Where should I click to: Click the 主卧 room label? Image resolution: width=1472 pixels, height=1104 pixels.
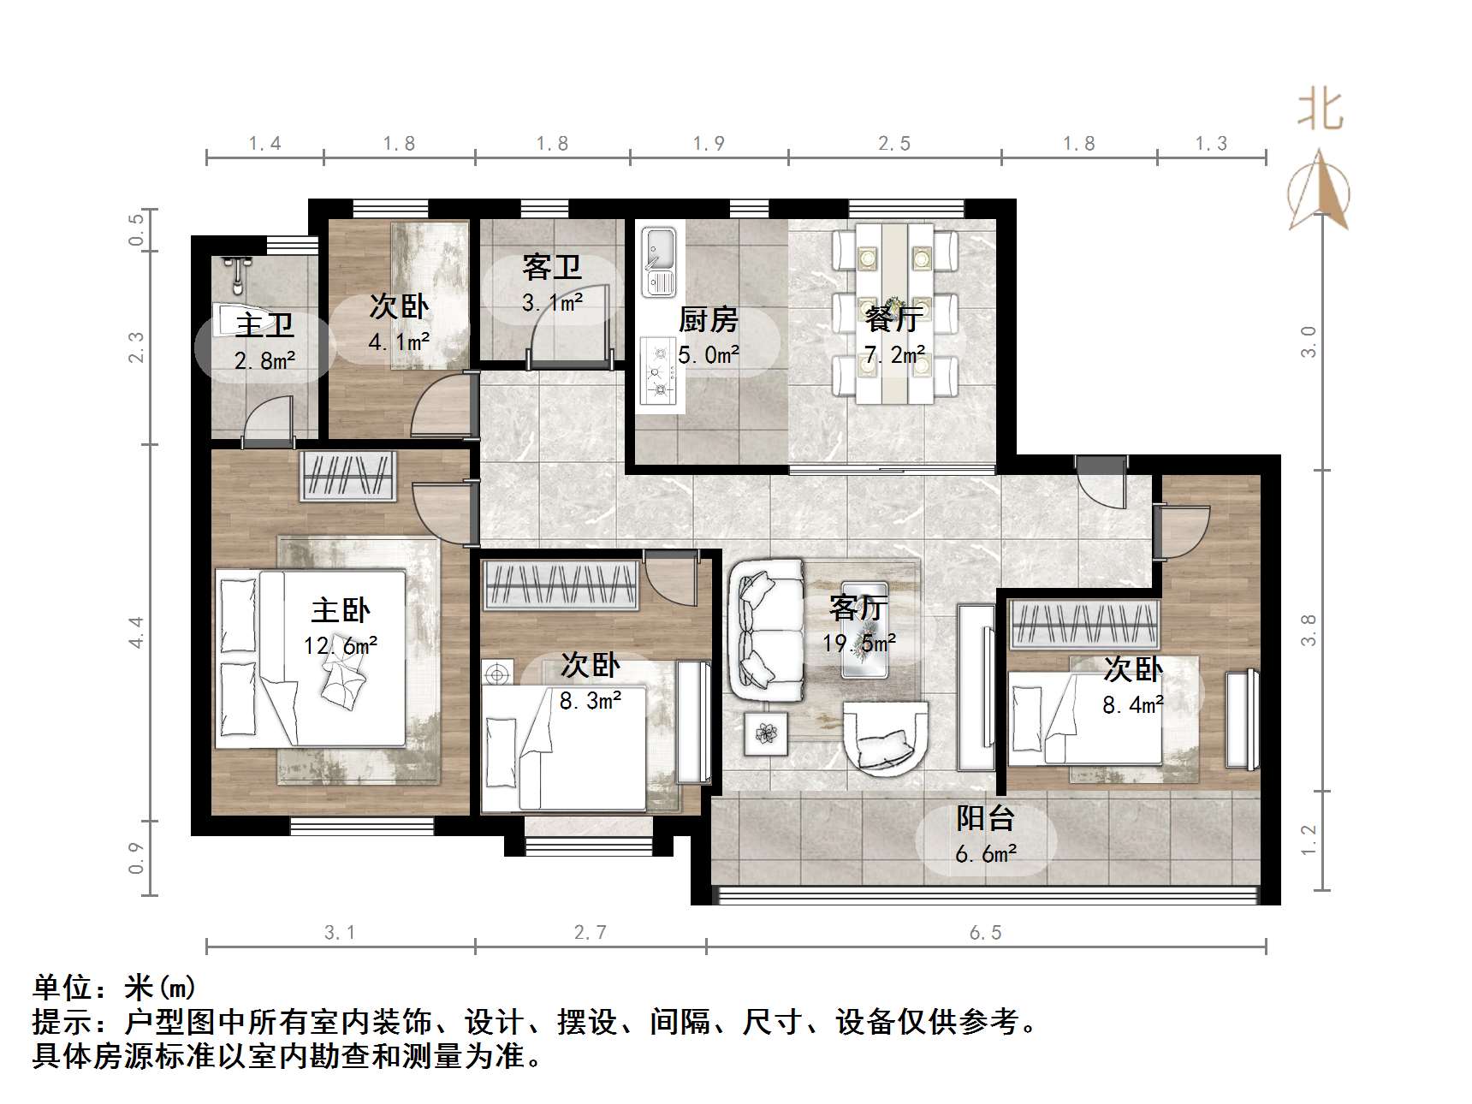click(x=340, y=610)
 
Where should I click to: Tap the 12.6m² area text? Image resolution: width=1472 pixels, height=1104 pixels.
click(x=340, y=646)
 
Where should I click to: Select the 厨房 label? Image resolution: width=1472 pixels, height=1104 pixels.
click(x=708, y=320)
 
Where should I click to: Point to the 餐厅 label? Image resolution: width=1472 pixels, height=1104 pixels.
click(x=893, y=319)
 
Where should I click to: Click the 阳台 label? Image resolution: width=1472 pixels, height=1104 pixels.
click(x=985, y=818)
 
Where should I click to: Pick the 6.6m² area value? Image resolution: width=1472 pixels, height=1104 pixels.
click(x=986, y=853)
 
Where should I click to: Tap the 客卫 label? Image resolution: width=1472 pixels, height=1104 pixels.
click(x=552, y=267)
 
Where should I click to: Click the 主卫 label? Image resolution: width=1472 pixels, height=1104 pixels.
click(x=264, y=325)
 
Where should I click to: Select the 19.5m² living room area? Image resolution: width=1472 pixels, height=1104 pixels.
click(x=859, y=643)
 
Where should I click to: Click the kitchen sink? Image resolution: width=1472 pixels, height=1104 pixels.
click(x=659, y=261)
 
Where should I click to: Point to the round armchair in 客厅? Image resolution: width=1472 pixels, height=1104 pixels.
click(x=885, y=737)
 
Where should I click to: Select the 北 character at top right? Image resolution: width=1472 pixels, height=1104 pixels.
click(x=1320, y=111)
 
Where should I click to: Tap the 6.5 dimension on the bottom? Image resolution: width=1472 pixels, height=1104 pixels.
click(x=985, y=932)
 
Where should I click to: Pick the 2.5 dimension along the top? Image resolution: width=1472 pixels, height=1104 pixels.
click(x=893, y=144)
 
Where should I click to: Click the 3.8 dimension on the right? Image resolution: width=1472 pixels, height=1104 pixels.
click(x=1308, y=630)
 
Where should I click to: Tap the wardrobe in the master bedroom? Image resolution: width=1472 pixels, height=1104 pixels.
click(x=349, y=476)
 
